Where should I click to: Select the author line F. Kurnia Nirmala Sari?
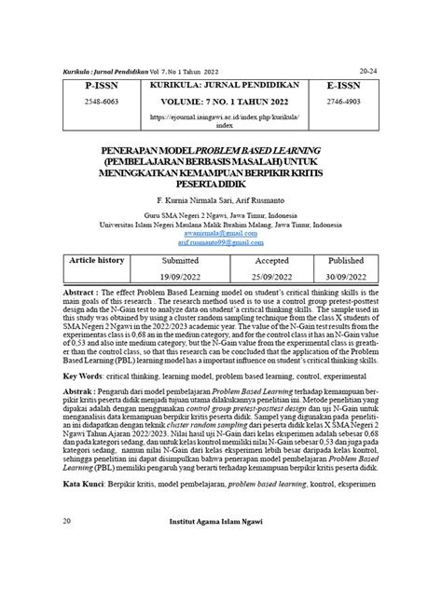click(x=220, y=199)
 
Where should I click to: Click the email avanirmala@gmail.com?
click(x=220, y=233)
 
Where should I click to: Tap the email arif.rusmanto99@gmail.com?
click(x=220, y=242)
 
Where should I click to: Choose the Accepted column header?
click(x=260, y=262)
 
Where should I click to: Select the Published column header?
click(x=345, y=262)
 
